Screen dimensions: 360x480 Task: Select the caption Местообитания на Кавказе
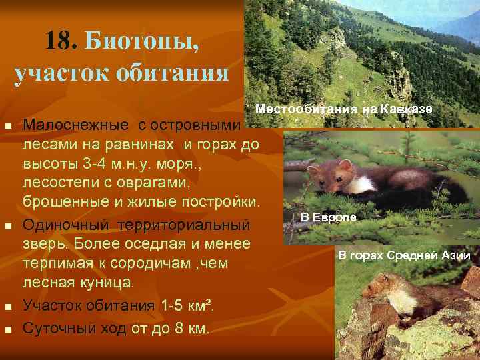pyautogui.click(x=344, y=109)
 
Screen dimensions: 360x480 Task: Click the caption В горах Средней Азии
pyautogui.click(x=404, y=255)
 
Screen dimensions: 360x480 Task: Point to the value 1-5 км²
pyautogui.click(x=187, y=306)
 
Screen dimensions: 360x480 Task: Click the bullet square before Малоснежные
pyautogui.click(x=7, y=127)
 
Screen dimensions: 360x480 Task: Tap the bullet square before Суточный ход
pyautogui.click(x=7, y=329)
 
